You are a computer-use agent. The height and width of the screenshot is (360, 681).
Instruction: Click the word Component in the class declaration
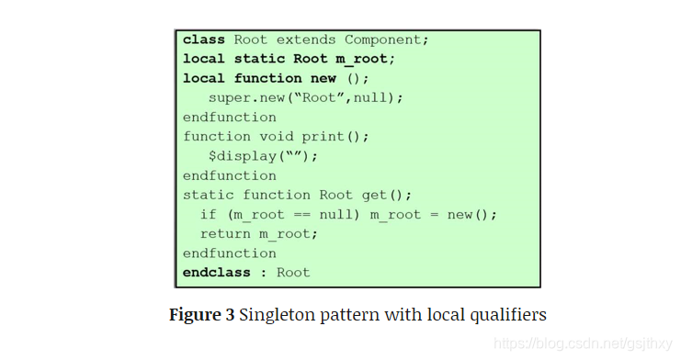[386, 39]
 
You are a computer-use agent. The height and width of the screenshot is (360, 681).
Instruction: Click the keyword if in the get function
[209, 214]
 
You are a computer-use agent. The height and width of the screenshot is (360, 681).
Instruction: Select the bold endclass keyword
[217, 272]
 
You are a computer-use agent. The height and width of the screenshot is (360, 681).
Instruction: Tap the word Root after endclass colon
[293, 272]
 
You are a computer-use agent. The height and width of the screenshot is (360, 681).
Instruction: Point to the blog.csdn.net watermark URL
[580, 343]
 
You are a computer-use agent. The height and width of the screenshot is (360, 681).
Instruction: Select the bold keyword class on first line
[204, 39]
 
